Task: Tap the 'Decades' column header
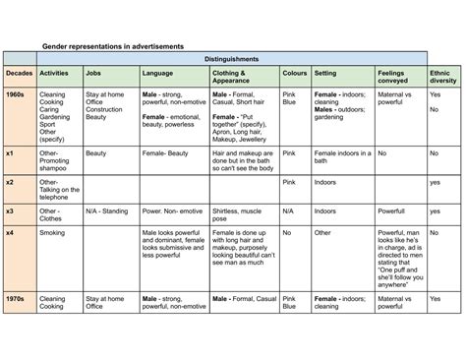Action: click(19, 74)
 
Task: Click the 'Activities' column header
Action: click(54, 74)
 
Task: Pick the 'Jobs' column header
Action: click(94, 74)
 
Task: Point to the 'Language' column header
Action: click(158, 74)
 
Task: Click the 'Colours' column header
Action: click(294, 74)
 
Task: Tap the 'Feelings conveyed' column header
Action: click(393, 78)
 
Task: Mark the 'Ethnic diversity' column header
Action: click(442, 78)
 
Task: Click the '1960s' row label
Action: click(17, 94)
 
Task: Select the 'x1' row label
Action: click(10, 154)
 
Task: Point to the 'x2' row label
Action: click(10, 182)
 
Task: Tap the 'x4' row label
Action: click(10, 232)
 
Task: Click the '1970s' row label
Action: click(17, 295)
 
